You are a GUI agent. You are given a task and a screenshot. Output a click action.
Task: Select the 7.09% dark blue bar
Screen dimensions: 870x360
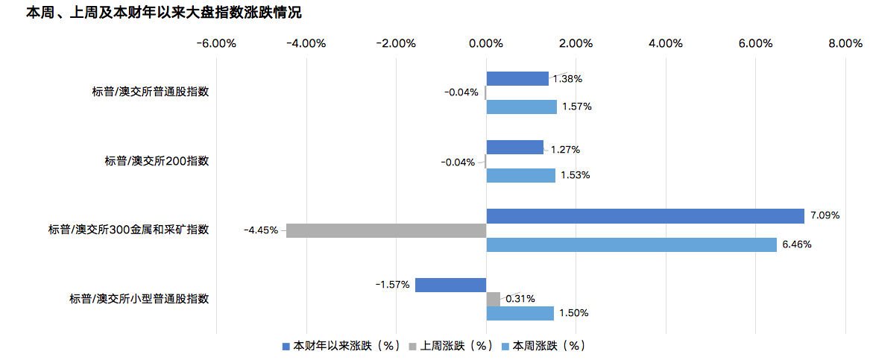[646, 216]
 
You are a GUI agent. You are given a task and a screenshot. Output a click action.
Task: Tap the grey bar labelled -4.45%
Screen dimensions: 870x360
[386, 231]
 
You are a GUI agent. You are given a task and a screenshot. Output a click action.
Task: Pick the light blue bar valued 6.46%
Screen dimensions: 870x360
[631, 244]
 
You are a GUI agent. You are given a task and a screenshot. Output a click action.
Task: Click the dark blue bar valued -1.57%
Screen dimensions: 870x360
[450, 285]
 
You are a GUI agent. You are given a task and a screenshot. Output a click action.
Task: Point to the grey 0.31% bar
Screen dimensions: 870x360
[494, 299]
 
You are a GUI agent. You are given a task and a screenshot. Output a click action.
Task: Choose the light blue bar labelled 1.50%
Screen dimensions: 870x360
[520, 313]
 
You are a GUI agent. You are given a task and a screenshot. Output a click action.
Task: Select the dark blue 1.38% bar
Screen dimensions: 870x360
[517, 79]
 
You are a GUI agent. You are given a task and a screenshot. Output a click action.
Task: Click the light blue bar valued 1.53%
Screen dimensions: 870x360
[521, 175]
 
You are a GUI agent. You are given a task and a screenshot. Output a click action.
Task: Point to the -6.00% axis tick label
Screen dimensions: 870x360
[216, 44]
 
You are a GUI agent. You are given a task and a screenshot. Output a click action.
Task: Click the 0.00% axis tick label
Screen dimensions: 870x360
[486, 44]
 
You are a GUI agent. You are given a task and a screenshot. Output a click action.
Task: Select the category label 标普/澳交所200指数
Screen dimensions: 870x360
[157, 162]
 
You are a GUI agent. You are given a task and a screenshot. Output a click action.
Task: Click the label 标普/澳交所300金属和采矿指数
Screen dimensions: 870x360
[129, 230]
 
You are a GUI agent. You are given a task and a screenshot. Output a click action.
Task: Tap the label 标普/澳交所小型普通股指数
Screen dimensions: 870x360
[139, 299]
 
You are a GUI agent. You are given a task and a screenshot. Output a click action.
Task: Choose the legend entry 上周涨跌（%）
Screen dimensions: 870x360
[451, 346]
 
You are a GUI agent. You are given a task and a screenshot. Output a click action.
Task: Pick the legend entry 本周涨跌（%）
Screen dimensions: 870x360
[543, 346]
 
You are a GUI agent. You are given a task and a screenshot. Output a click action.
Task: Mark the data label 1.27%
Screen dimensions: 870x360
[565, 149]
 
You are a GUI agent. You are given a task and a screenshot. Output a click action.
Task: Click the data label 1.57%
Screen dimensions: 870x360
[577, 107]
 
